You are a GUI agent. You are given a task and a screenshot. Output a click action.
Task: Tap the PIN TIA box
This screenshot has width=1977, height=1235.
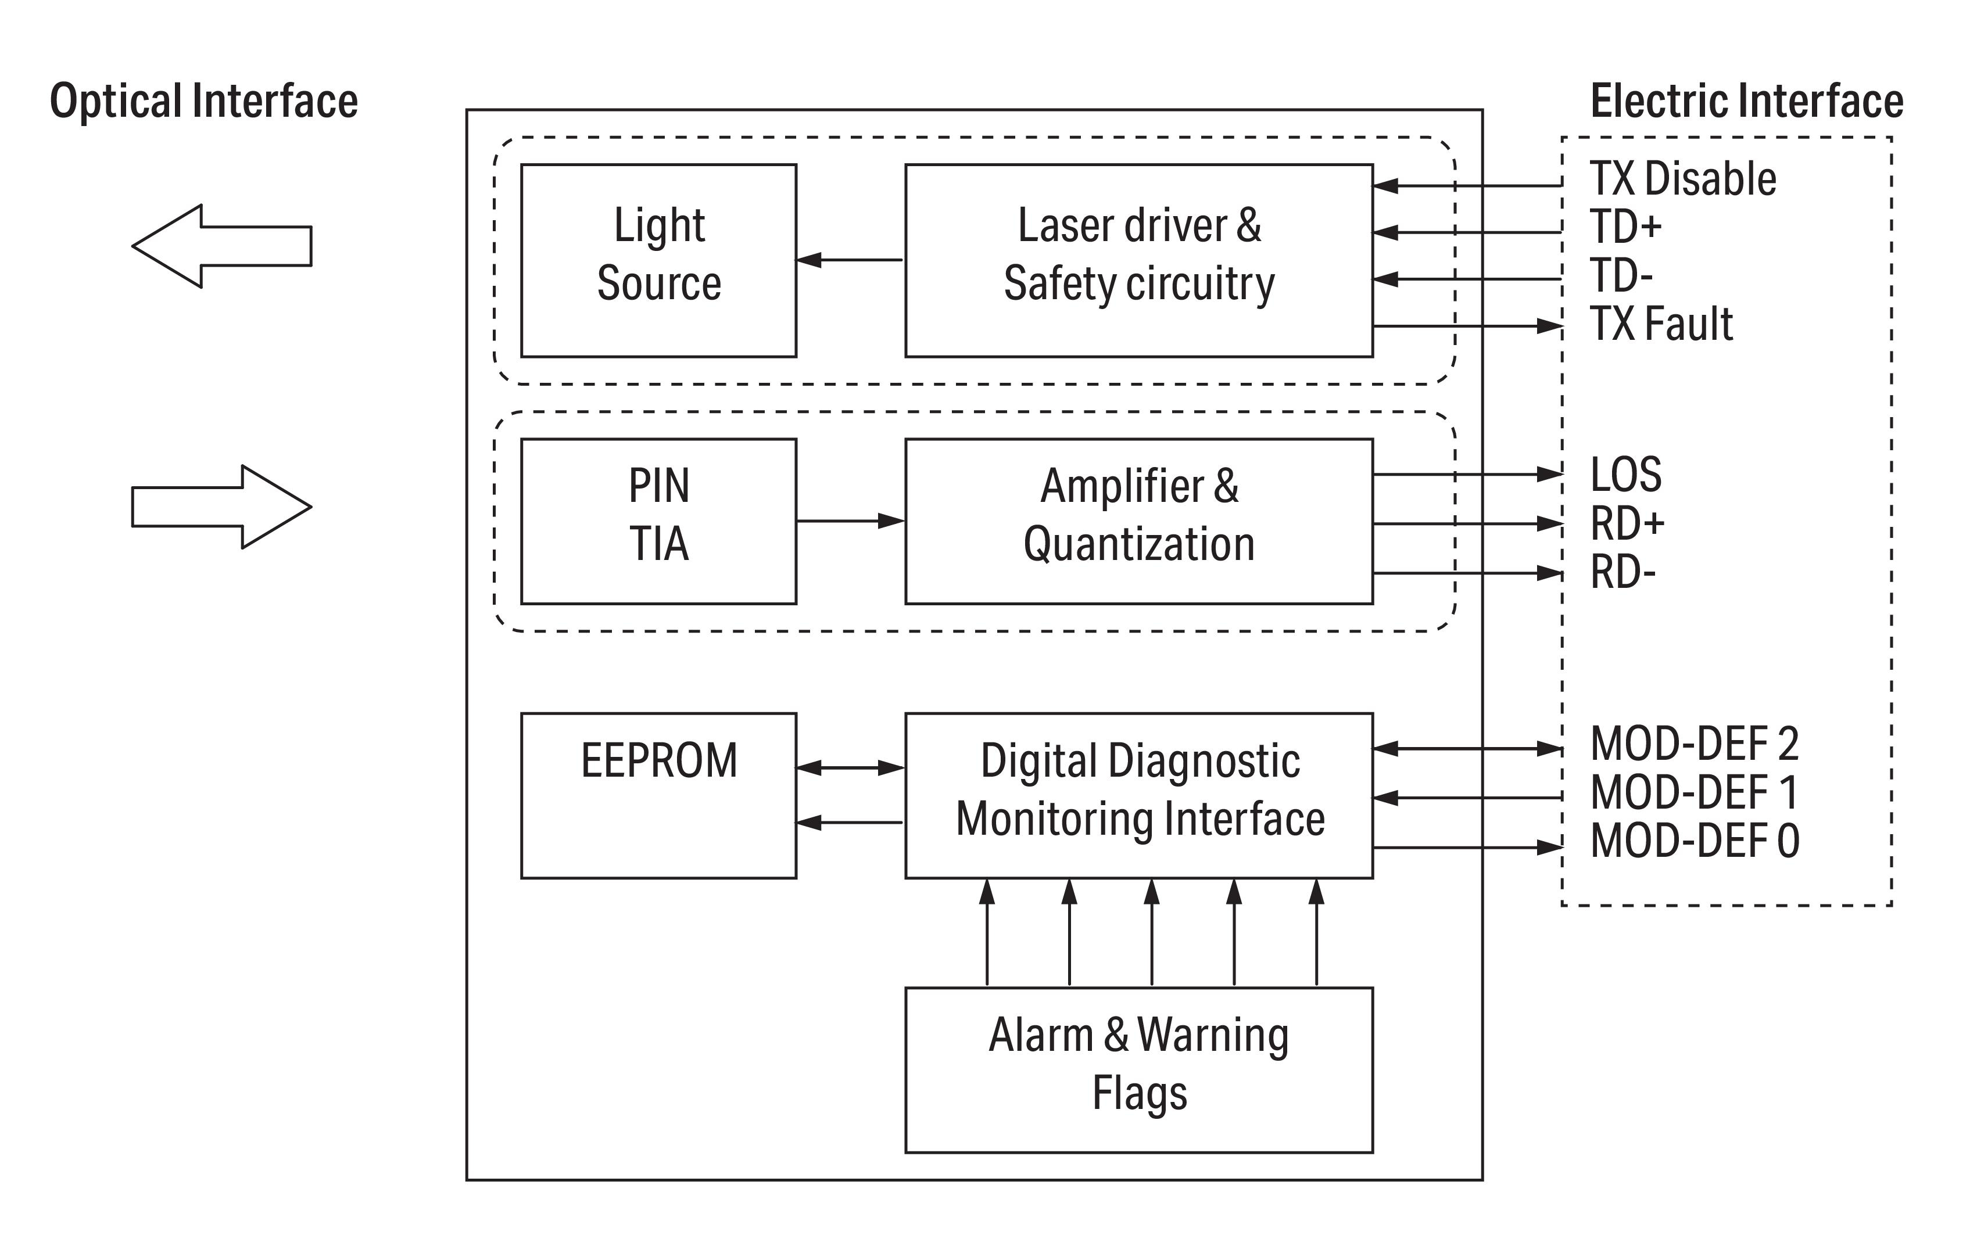[658, 521]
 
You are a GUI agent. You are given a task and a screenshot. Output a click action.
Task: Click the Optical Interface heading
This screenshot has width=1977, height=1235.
[203, 101]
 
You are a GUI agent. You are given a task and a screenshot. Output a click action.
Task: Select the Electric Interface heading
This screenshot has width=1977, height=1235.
[1747, 101]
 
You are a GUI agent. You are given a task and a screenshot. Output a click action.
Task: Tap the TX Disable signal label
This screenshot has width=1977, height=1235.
[1682, 179]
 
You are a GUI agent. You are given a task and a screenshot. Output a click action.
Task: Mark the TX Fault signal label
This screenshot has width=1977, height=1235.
[1661, 324]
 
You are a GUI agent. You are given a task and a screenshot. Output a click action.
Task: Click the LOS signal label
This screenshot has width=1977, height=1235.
[1626, 475]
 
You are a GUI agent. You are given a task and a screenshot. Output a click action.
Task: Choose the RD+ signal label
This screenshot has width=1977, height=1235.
[1627, 523]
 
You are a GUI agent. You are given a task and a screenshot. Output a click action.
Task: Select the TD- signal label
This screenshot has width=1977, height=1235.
[1621, 275]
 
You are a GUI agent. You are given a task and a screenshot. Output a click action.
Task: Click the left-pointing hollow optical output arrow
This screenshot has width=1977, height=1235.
[221, 246]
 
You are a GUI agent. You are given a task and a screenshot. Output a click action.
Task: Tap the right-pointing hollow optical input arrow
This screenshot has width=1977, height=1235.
[221, 507]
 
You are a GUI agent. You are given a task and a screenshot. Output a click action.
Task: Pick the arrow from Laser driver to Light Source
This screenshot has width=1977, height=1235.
[850, 260]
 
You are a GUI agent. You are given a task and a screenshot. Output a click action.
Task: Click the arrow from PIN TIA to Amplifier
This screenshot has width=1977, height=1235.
[850, 520]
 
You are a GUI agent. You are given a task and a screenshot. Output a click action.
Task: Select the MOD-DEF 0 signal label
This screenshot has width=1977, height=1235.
[1695, 841]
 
